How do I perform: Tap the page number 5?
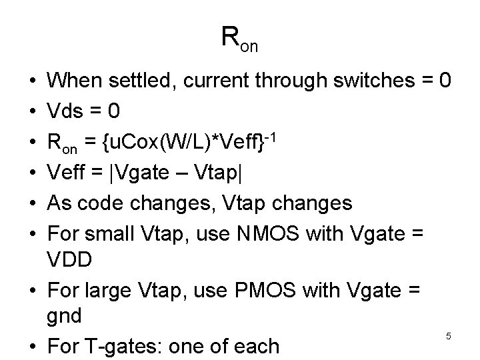(449, 337)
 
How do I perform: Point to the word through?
(289, 81)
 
